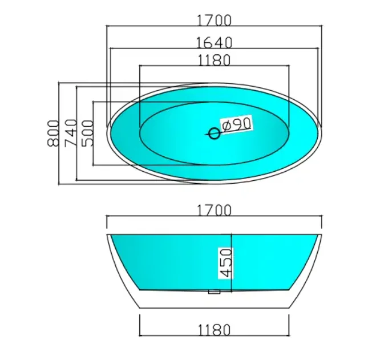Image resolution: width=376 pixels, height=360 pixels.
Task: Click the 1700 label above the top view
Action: pos(214,21)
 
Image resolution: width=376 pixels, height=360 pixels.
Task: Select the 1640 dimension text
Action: pos(214,42)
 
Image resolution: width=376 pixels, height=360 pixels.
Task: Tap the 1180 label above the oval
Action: pos(214,59)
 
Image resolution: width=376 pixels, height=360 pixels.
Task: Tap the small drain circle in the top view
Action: pos(214,134)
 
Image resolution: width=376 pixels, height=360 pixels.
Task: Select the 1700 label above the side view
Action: pos(214,211)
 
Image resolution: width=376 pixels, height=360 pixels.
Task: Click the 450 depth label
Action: pos(225,262)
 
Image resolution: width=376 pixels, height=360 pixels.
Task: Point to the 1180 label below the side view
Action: pos(214,330)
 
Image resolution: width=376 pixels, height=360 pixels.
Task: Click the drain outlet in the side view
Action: pos(215,293)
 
